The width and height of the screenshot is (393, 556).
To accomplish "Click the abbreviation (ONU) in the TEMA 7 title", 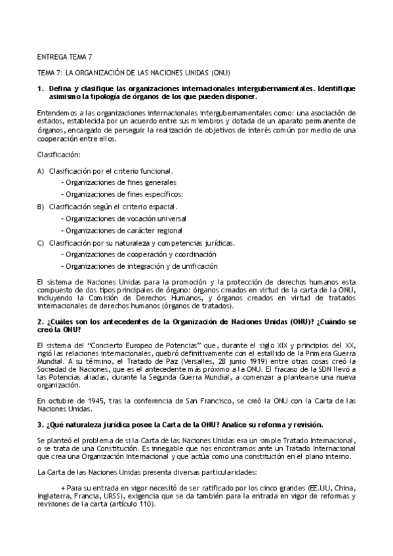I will pyautogui.click(x=221, y=71).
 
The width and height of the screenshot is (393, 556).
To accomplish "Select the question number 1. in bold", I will pyautogui.click(x=41, y=87).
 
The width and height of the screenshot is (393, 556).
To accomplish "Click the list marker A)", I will pyautogui.click(x=41, y=170).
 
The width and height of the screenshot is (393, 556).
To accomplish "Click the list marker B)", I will pyautogui.click(x=41, y=207).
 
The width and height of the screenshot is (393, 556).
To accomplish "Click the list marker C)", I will pyautogui.click(x=41, y=243).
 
